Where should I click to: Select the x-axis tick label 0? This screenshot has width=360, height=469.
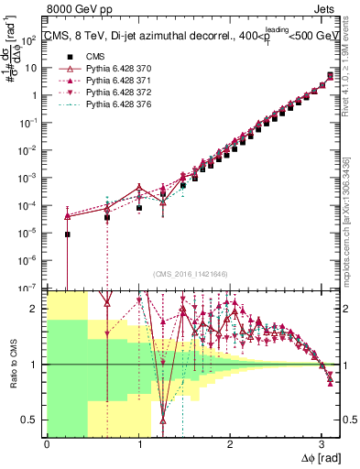click(47, 444)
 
